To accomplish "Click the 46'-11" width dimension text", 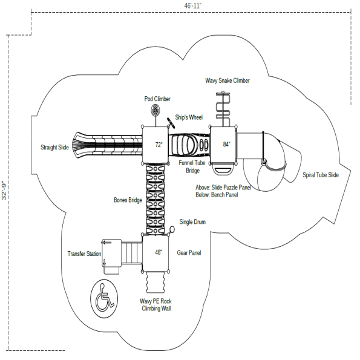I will [x=193, y=5].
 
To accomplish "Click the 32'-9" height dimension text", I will [x=4, y=191].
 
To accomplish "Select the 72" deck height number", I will [x=159, y=145].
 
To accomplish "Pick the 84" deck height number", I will [x=226, y=145].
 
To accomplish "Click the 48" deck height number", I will [x=159, y=252].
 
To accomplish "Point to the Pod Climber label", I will [x=157, y=99].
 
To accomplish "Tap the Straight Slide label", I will [x=54, y=147].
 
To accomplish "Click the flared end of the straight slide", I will [x=80, y=146].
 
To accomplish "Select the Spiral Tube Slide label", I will [x=321, y=175].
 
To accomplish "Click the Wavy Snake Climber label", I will [x=227, y=80].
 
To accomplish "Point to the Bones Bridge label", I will [x=128, y=199].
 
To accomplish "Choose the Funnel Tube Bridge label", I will [x=192, y=166].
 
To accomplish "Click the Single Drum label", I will [x=192, y=222].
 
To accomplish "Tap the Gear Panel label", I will [x=189, y=253].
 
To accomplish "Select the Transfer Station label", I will [x=84, y=254].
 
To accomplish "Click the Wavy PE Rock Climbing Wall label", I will [x=156, y=304].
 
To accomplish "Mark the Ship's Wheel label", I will [x=189, y=117].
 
